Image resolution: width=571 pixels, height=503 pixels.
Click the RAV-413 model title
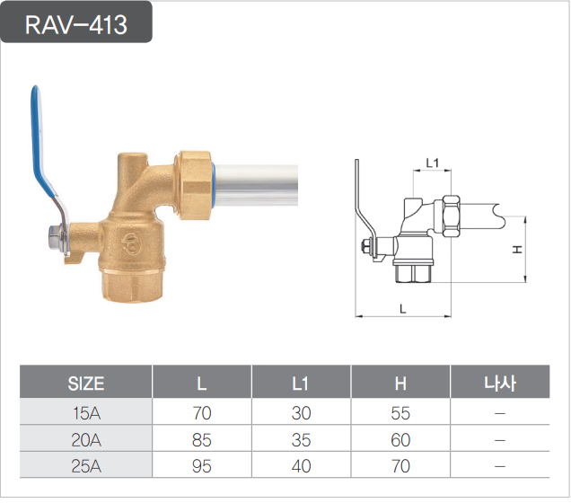76,24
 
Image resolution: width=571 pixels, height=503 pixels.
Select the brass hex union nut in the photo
193,185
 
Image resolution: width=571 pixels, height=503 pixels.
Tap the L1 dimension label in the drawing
432,163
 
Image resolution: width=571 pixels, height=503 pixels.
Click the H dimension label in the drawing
517,250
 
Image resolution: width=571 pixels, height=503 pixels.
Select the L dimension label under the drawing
402,309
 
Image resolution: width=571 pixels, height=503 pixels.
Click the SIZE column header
86,384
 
